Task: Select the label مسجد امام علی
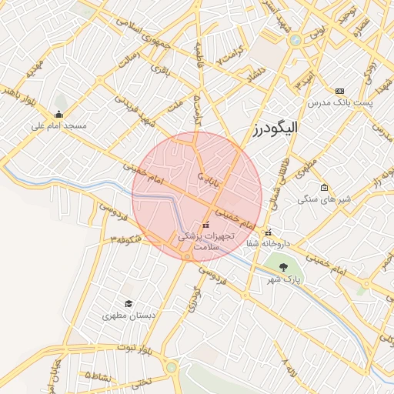pyautogui.click(x=59, y=125)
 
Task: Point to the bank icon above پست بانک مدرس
pyautogui.click(x=340, y=91)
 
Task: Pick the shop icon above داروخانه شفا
pyautogui.click(x=267, y=232)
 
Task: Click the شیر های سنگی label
pyautogui.click(x=324, y=199)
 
